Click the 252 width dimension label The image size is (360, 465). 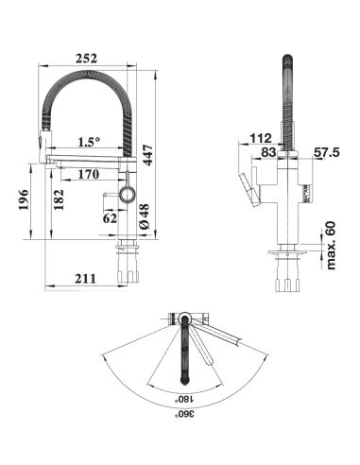point(86,59)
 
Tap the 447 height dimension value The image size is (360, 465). point(147,155)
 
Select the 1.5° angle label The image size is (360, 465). point(89,142)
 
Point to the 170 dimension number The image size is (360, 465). point(89,174)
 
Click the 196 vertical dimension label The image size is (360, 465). point(24,200)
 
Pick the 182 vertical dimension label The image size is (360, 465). point(59,199)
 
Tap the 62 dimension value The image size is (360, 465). point(110,218)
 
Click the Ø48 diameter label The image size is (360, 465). point(144,216)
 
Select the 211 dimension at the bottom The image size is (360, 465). point(85,279)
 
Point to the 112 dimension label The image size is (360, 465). point(261,138)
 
